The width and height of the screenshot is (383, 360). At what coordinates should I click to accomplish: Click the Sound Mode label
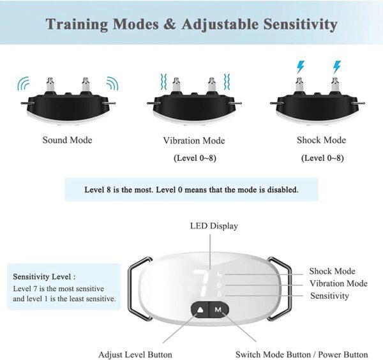tap(67, 140)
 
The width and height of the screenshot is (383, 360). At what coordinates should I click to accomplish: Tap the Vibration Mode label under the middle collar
tap(193, 140)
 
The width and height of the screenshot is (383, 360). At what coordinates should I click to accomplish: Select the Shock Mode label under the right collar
tap(321, 140)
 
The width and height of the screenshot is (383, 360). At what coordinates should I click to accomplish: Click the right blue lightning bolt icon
tap(336, 66)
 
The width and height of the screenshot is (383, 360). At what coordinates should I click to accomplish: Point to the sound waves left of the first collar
tap(24, 84)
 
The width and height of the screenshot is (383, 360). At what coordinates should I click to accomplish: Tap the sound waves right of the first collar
tap(112, 84)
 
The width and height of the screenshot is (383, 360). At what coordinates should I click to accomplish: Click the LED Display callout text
tap(214, 225)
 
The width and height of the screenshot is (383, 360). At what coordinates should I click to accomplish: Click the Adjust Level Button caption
tap(133, 354)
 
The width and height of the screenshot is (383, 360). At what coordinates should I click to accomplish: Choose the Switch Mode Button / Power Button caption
tap(301, 354)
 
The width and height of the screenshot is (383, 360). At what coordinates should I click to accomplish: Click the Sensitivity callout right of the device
tap(329, 296)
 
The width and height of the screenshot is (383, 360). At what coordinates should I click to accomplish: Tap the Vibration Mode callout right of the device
tap(338, 283)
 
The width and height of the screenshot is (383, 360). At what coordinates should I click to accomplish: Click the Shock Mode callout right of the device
tap(332, 271)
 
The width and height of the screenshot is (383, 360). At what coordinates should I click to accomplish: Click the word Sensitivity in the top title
tap(291, 24)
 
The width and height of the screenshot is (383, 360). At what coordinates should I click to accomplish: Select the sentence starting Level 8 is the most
tap(191, 190)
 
